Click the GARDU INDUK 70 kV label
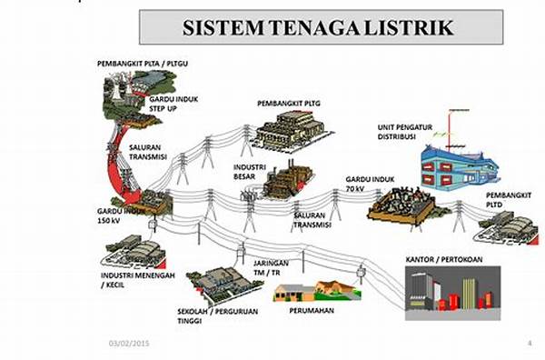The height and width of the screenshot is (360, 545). [x=371, y=185]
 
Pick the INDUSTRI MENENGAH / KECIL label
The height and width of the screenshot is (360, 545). [x=125, y=278]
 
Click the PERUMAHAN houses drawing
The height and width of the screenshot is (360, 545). [x=315, y=291]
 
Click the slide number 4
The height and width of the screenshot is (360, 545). [x=530, y=342]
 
